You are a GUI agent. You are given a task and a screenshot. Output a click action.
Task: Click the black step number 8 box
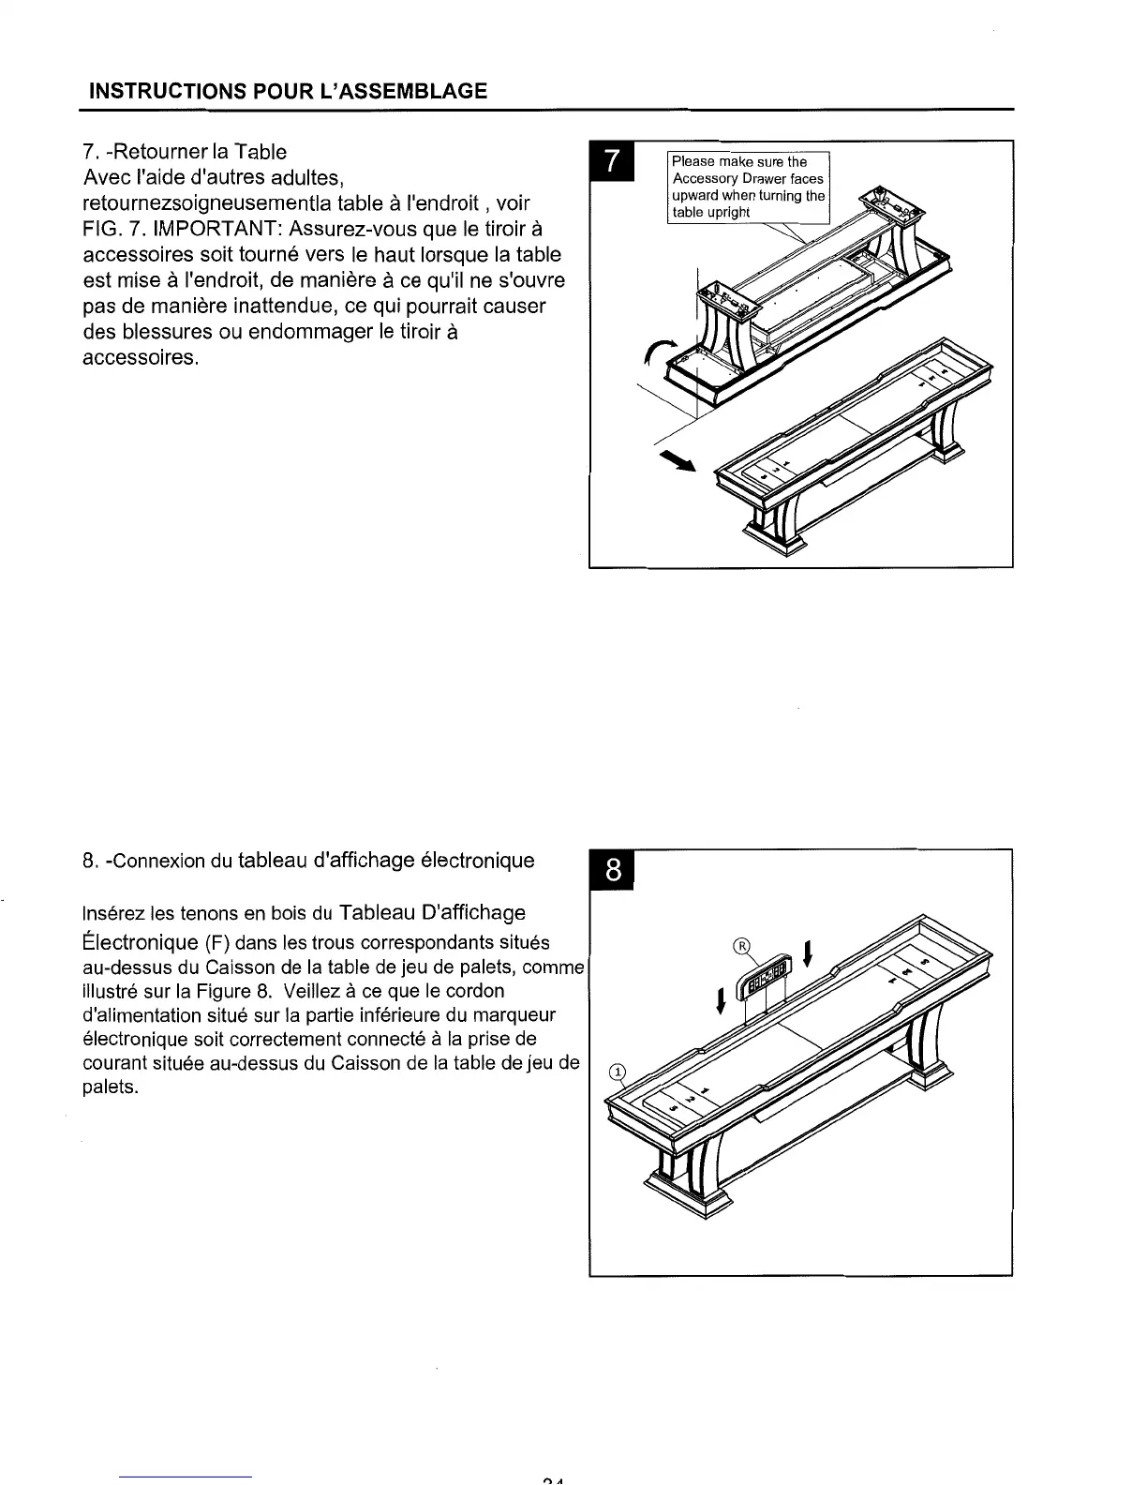[611, 871]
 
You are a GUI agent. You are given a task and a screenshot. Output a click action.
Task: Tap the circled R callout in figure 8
[741, 945]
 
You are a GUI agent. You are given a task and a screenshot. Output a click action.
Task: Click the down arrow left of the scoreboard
[720, 1000]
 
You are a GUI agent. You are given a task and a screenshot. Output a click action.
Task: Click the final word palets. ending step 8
[111, 1087]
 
